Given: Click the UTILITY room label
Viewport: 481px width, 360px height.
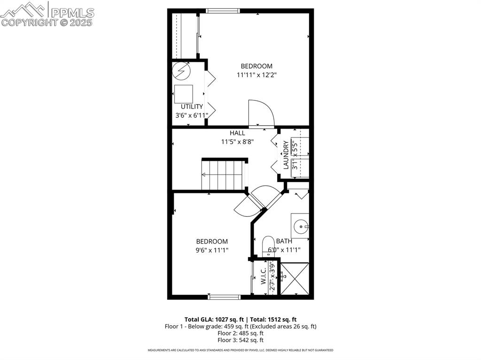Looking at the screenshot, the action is click(x=192, y=107).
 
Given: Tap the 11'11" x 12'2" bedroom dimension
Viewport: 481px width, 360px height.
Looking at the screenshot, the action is click(x=256, y=75).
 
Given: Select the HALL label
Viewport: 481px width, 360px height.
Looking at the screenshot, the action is click(x=237, y=133).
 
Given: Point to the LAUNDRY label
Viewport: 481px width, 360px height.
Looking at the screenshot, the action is click(x=286, y=155).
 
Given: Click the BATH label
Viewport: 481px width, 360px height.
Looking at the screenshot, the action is click(x=284, y=241).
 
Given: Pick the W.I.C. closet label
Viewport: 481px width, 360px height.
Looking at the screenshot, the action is click(x=264, y=276).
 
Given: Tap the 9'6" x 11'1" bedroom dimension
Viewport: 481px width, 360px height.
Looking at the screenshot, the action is click(x=212, y=250).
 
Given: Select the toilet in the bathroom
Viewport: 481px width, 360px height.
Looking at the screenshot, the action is click(x=268, y=246).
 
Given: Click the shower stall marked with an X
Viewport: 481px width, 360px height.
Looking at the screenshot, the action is click(x=295, y=279).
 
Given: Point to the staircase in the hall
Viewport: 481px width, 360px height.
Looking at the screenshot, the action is click(x=224, y=174).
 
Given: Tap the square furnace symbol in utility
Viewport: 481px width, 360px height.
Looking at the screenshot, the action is click(x=184, y=94).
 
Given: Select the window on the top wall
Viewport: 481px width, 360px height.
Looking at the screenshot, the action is click(x=223, y=11).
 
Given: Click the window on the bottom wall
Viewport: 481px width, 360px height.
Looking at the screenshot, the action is click(x=224, y=297).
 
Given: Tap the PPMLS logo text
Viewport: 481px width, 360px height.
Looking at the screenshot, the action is click(x=72, y=13).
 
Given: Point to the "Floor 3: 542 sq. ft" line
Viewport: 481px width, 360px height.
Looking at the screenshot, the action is click(x=240, y=340).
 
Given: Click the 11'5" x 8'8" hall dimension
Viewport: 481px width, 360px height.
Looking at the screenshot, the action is click(x=237, y=142).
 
